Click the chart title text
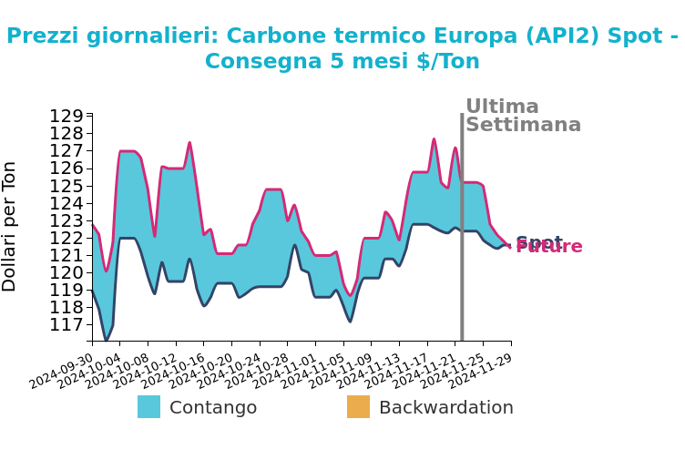(x=342, y=48)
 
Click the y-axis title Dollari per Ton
(x=10, y=226)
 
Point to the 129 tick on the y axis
(x=66, y=117)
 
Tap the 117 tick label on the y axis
(x=66, y=325)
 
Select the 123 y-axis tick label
(x=66, y=220)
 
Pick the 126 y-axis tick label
(x=66, y=169)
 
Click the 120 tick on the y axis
(x=66, y=273)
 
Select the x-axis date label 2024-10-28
(x=258, y=371)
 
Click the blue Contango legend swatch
(x=148, y=407)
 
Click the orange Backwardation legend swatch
(x=358, y=407)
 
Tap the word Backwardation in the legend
(x=445, y=408)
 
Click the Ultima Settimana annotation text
(x=522, y=117)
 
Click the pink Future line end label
(x=550, y=248)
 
